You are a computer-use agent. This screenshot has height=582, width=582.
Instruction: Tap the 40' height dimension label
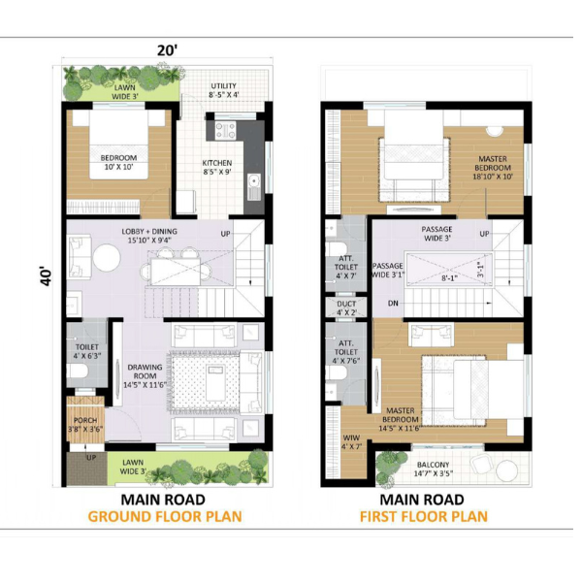[x=46, y=276]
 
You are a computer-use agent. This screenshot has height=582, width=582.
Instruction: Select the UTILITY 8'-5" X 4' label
[x=224, y=90]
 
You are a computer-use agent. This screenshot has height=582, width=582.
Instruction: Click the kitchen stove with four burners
[x=226, y=131]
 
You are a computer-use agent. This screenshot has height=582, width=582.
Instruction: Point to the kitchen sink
[x=254, y=186]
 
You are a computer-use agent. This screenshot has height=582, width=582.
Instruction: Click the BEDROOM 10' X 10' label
[x=118, y=163]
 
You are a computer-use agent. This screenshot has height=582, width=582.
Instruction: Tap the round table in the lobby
[x=107, y=257]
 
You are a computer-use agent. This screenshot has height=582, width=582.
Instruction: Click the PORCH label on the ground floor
[x=85, y=421]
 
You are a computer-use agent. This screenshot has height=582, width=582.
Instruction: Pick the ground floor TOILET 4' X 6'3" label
[x=87, y=351]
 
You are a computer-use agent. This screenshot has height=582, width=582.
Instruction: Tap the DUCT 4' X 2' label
[x=346, y=308]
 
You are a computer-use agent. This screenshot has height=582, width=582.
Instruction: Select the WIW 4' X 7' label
[x=351, y=442]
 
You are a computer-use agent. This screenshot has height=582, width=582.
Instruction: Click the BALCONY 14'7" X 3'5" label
[x=434, y=469]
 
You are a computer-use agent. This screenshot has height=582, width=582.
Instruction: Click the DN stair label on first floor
[x=393, y=304]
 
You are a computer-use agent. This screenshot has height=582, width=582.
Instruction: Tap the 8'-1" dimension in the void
[x=449, y=277]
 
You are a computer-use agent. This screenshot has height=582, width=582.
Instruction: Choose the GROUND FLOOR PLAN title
[x=165, y=516]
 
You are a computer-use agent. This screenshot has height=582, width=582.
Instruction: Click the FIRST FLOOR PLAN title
[x=424, y=516]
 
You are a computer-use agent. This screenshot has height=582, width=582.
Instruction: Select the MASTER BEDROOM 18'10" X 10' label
[x=493, y=168]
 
